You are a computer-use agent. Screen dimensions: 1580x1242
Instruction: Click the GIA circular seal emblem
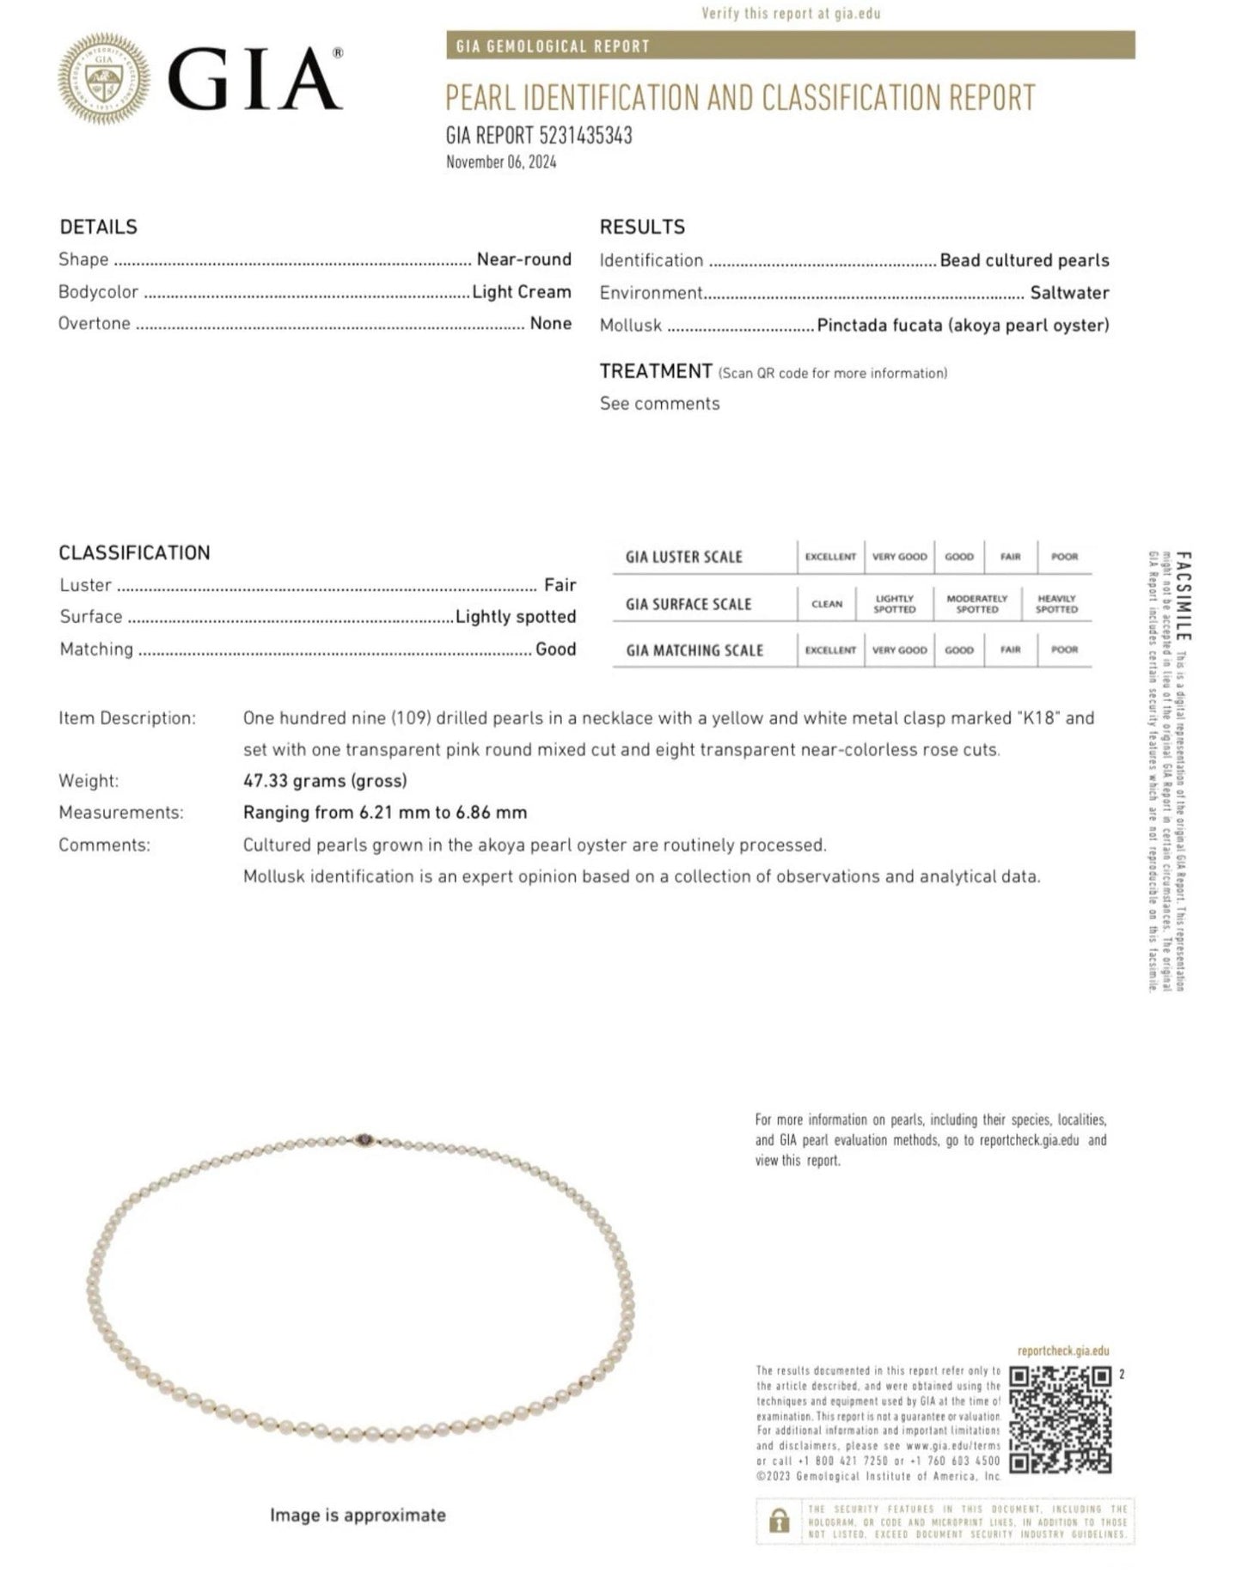coord(103,79)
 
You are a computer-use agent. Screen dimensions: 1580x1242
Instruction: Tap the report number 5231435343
coord(585,135)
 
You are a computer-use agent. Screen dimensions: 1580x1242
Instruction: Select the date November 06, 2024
coord(500,162)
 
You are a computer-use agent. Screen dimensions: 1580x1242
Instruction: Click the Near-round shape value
coord(523,259)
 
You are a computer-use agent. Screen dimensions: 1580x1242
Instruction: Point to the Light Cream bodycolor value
coord(522,292)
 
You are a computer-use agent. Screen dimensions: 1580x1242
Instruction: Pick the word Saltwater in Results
coord(1069,293)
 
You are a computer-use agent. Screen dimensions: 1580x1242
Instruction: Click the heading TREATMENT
coord(656,371)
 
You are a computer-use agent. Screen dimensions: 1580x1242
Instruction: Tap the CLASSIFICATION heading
coord(134,552)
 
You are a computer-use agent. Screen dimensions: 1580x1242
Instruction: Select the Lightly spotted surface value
coord(516,617)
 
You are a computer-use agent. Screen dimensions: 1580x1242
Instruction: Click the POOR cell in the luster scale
coord(1064,557)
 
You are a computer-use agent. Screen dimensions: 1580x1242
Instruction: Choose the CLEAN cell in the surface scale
coord(827,604)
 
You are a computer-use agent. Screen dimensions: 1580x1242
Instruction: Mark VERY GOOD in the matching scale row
coord(899,650)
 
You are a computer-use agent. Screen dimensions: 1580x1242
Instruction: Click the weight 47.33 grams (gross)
coord(325,781)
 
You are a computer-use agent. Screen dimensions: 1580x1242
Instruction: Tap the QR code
coord(1061,1420)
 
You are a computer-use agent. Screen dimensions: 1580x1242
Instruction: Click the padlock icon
coord(780,1523)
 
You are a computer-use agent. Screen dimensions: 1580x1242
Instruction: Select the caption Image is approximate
coord(358,1516)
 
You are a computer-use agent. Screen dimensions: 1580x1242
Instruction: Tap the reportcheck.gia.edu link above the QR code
coord(1062,1351)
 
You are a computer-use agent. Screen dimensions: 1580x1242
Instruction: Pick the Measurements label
coord(121,813)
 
